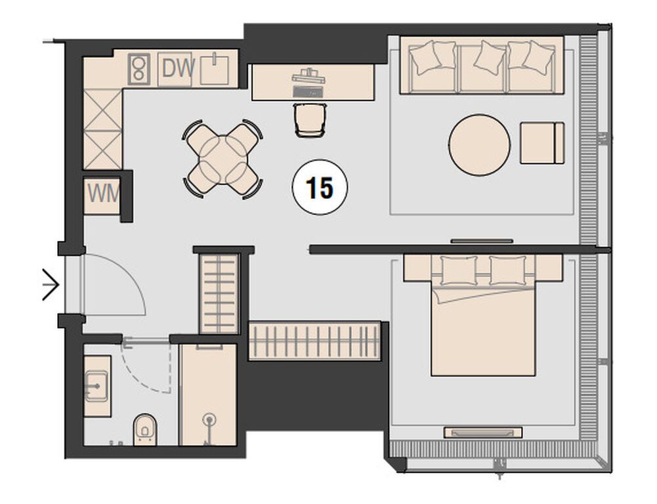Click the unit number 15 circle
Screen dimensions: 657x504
[x=320, y=187]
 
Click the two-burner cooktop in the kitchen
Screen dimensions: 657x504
[x=139, y=69]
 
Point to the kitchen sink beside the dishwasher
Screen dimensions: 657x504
[x=215, y=69]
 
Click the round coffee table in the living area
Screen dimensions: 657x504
[x=480, y=145]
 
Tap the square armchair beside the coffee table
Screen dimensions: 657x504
[x=542, y=143]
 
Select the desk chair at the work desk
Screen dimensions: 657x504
[x=310, y=120]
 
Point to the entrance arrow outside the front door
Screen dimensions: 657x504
[x=51, y=285]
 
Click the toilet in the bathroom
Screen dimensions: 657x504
[x=145, y=430]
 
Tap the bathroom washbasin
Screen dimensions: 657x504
[x=97, y=385]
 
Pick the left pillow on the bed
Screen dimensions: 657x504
[x=459, y=270]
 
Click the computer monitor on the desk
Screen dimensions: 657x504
[x=308, y=77]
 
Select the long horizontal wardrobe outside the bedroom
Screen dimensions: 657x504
[x=314, y=341]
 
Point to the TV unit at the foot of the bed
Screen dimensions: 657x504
[x=483, y=432]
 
